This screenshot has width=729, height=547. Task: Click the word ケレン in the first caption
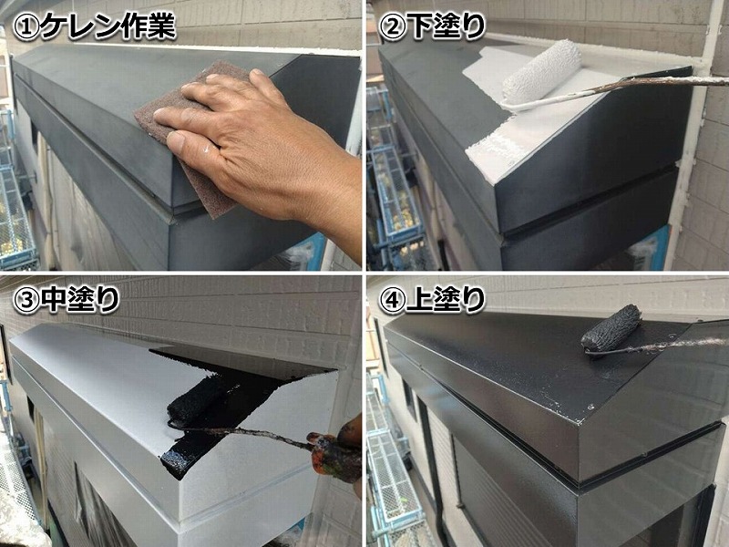(x=81, y=26)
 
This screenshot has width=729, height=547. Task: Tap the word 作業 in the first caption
(x=149, y=26)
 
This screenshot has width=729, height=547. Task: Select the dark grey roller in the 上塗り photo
(x=611, y=327)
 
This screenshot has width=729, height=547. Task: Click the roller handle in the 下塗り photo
(x=619, y=90)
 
